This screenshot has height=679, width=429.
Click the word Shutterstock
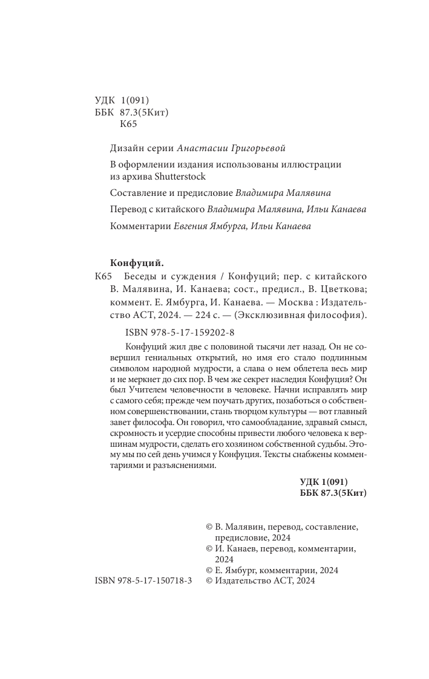pos(181,177)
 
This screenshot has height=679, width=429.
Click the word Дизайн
pos(127,148)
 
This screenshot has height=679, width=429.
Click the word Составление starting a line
pos(139,192)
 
